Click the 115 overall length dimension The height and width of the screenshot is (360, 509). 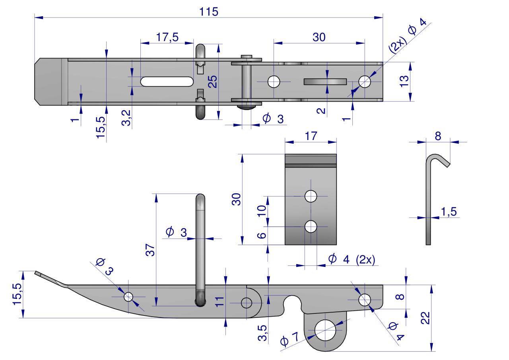(x=209, y=12)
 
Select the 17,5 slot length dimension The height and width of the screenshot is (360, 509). (x=167, y=37)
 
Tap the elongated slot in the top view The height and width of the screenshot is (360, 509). (x=167, y=81)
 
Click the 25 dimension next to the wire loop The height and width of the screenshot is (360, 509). (x=213, y=81)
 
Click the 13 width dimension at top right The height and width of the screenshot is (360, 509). (x=404, y=81)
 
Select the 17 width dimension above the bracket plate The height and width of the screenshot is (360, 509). (x=311, y=136)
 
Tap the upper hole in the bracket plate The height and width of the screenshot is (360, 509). (x=311, y=196)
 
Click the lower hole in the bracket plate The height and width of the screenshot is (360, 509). (x=311, y=226)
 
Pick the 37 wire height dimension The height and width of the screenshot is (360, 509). (x=150, y=249)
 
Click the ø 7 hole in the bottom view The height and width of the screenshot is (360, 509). (x=325, y=330)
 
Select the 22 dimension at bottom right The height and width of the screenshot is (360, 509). (x=425, y=318)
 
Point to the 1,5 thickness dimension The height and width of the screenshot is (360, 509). (x=449, y=212)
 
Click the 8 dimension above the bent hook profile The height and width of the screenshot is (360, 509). (x=438, y=136)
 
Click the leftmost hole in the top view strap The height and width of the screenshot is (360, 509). (x=274, y=82)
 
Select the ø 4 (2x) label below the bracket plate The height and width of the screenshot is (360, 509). (x=352, y=259)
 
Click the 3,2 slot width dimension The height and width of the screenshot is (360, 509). (x=126, y=118)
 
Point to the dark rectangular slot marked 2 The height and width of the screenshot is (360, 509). (x=324, y=82)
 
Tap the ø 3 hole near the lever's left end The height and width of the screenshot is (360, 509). (x=128, y=297)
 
